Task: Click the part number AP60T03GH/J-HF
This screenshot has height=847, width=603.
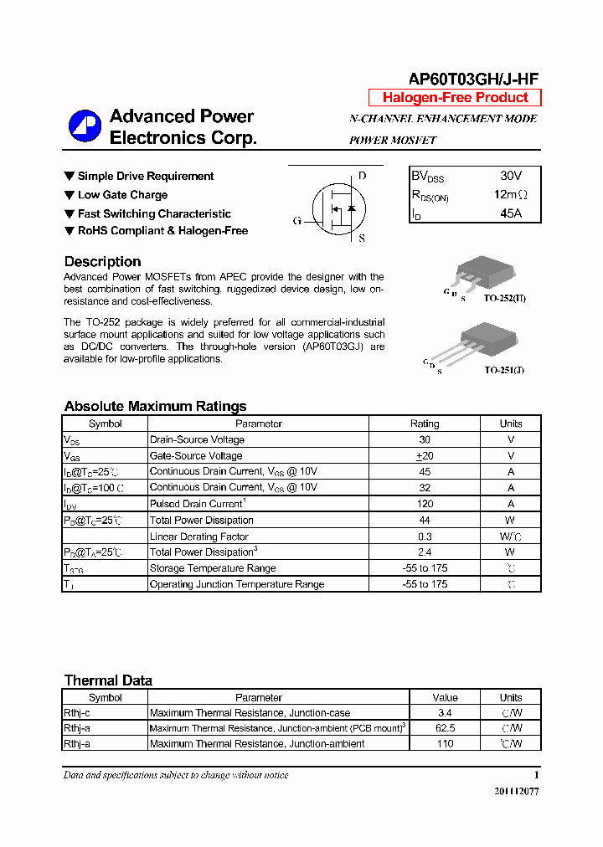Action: [473, 79]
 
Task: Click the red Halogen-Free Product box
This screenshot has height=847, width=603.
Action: [455, 98]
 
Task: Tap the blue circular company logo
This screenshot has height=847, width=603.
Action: [84, 126]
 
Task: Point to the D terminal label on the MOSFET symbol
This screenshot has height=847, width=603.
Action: [362, 176]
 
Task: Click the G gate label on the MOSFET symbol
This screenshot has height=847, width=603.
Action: [296, 221]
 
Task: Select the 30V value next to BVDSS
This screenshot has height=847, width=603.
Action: [511, 176]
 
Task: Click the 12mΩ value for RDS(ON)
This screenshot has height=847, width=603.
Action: [511, 194]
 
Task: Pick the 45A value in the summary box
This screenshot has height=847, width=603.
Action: [511, 213]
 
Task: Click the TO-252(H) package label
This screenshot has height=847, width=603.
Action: [504, 298]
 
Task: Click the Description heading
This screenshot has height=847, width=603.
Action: [102, 261]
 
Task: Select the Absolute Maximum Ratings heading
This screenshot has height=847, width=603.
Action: [155, 406]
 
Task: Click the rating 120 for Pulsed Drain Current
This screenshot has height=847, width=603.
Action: [425, 504]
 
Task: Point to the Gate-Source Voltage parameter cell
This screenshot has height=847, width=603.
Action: [196, 455]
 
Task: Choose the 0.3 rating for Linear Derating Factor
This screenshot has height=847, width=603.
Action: [425, 536]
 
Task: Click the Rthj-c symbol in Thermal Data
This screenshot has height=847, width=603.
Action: [77, 713]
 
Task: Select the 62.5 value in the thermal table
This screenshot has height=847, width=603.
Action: [445, 728]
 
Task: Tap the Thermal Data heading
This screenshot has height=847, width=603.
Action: [108, 680]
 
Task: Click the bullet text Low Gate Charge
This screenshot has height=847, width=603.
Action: [122, 195]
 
